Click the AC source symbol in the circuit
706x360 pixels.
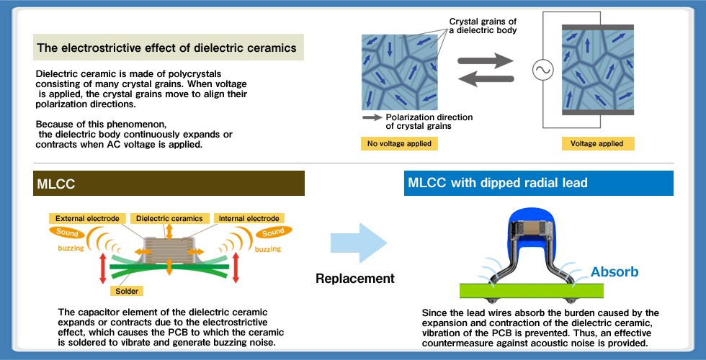tap(542, 70)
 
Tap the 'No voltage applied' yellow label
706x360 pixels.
tap(399, 144)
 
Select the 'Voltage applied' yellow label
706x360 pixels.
tap(598, 144)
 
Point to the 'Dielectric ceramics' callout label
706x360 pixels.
tap(170, 218)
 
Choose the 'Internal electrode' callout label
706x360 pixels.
tap(249, 218)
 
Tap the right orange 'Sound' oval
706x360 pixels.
tap(272, 233)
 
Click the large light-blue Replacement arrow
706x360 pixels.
tap(358, 246)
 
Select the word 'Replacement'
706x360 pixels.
tap(355, 279)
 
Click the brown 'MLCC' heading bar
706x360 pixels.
tap(169, 184)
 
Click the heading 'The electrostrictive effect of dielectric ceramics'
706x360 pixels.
tap(167, 49)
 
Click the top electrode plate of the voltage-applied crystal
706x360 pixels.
tap(598, 27)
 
